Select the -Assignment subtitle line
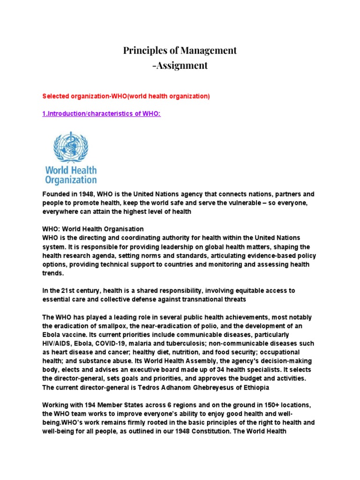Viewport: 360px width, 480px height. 180,65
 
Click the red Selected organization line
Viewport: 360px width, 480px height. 126,96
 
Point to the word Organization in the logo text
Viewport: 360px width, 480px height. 71,180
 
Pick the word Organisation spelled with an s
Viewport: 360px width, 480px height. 122,229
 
